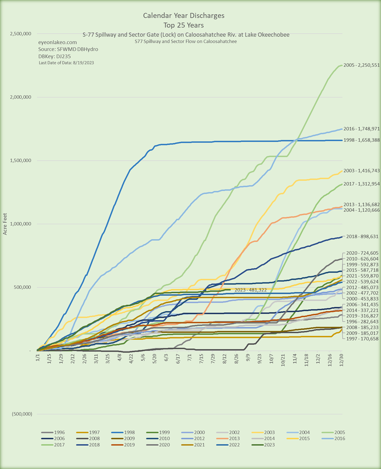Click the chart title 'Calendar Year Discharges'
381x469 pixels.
pyautogui.click(x=184, y=16)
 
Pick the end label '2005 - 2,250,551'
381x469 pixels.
pyautogui.click(x=361, y=65)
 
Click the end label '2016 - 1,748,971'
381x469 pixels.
pyautogui.click(x=361, y=129)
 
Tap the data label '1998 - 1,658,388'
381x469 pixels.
pyautogui.click(x=361, y=140)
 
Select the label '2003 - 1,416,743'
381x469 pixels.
pyautogui.click(x=361, y=171)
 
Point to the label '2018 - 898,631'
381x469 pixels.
pyautogui.click(x=361, y=236)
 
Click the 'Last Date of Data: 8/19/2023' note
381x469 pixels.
pyautogui.click(x=66, y=63)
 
